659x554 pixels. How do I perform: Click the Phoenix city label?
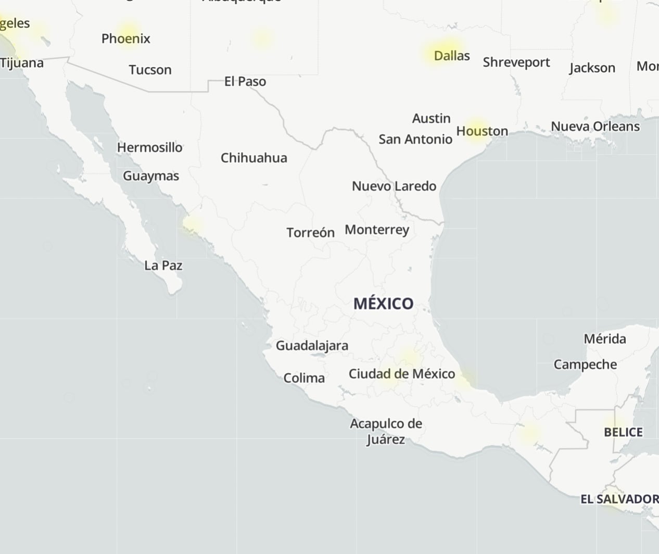(125, 39)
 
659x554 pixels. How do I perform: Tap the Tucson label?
(150, 70)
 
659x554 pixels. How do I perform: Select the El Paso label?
(245, 81)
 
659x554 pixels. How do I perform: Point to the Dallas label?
(451, 56)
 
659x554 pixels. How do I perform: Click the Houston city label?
(482, 131)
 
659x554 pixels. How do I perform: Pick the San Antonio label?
(415, 139)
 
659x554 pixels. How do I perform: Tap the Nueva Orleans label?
(595, 127)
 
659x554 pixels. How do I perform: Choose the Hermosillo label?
(149, 147)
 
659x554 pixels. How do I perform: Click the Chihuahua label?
(254, 158)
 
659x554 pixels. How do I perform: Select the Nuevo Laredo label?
(394, 186)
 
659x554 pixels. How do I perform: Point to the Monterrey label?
(376, 230)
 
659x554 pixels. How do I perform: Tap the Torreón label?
(310, 232)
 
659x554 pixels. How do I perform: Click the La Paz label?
(163, 266)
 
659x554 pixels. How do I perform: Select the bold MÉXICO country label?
(383, 304)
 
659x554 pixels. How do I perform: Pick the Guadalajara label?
(312, 345)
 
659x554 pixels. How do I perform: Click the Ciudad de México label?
(401, 374)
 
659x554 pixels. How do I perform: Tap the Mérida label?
(604, 339)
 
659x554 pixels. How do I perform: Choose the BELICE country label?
(623, 432)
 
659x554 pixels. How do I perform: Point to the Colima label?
(304, 378)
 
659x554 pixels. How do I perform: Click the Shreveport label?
(516, 62)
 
